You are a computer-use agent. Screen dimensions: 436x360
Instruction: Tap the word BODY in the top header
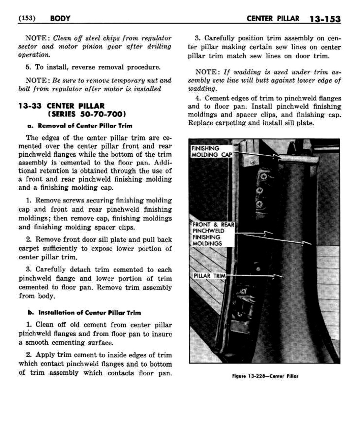(60, 19)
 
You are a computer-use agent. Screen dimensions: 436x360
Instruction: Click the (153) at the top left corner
(27, 18)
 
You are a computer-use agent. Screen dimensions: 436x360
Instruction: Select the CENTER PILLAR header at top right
(273, 19)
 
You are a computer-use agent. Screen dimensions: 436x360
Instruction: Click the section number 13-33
(30, 106)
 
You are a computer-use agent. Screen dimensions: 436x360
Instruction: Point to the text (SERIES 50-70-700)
(87, 114)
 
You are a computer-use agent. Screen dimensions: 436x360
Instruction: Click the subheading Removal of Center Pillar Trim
(80, 126)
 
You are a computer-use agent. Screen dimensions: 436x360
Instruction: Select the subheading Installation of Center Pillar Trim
(84, 313)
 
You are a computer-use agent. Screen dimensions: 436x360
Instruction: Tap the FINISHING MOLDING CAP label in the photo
(211, 152)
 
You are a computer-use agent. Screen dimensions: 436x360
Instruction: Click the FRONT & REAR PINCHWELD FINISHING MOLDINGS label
(213, 234)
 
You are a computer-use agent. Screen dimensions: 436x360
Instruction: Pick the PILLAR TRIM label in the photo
(209, 276)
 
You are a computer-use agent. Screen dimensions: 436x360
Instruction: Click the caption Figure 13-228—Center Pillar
(265, 376)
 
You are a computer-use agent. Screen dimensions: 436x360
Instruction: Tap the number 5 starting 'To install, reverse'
(28, 67)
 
